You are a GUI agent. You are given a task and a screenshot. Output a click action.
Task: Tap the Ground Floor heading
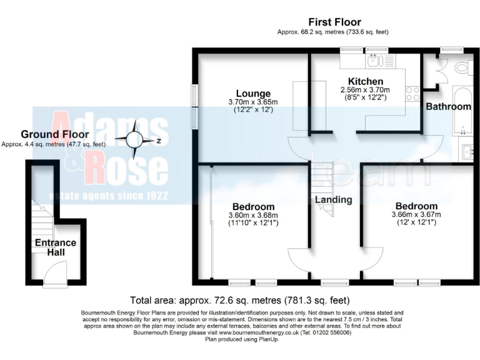55,134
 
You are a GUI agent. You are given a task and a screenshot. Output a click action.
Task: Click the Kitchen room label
366,82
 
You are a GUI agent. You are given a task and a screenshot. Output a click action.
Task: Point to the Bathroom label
448,107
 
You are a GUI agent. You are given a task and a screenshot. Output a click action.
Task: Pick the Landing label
333,200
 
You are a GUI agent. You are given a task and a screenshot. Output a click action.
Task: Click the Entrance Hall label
55,247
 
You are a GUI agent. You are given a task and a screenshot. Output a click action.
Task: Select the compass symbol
135,141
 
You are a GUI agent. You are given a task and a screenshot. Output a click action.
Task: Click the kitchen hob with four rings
413,94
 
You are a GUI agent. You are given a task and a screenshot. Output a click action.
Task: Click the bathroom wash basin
469,150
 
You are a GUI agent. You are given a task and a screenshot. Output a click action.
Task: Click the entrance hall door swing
57,272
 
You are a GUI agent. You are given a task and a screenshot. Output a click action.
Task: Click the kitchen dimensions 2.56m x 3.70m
366,90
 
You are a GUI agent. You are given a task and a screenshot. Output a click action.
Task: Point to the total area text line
239,300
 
